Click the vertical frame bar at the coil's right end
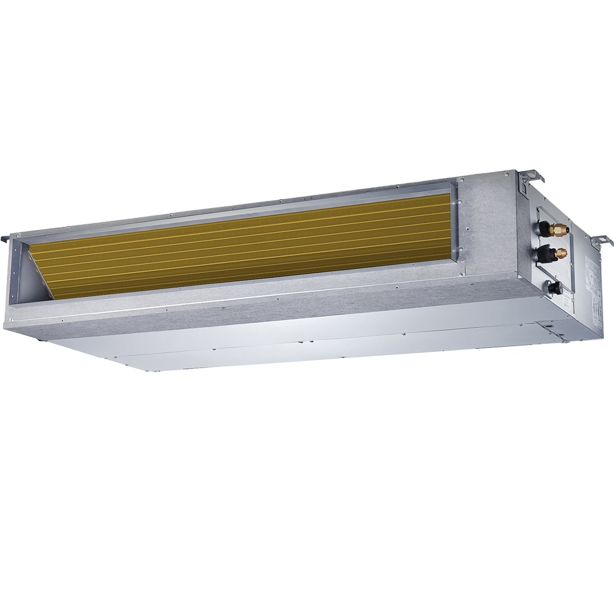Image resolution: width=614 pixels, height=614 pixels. point(456,221)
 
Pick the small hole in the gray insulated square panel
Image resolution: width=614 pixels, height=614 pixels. point(467,230)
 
